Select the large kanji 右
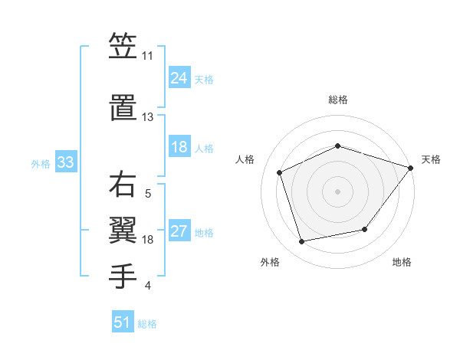pyautogui.click(x=123, y=185)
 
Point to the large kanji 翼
pyautogui.click(x=123, y=227)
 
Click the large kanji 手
pyautogui.click(x=123, y=274)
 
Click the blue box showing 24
pyautogui.click(x=179, y=78)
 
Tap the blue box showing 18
pyautogui.click(x=179, y=147)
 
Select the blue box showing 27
pyautogui.click(x=179, y=232)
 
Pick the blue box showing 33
pyautogui.click(x=65, y=162)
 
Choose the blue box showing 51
pyautogui.click(x=123, y=322)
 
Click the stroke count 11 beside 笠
pyautogui.click(x=148, y=56)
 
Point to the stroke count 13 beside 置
pyautogui.click(x=148, y=116)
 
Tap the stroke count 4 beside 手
pyautogui.click(x=147, y=286)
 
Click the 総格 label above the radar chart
pyautogui.click(x=337, y=100)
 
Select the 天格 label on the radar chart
pyautogui.click(x=431, y=159)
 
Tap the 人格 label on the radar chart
pyautogui.click(x=245, y=159)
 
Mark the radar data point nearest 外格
pyautogui.click(x=302, y=242)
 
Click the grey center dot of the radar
pyautogui.click(x=337, y=191)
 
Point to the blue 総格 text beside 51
pyautogui.click(x=147, y=324)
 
